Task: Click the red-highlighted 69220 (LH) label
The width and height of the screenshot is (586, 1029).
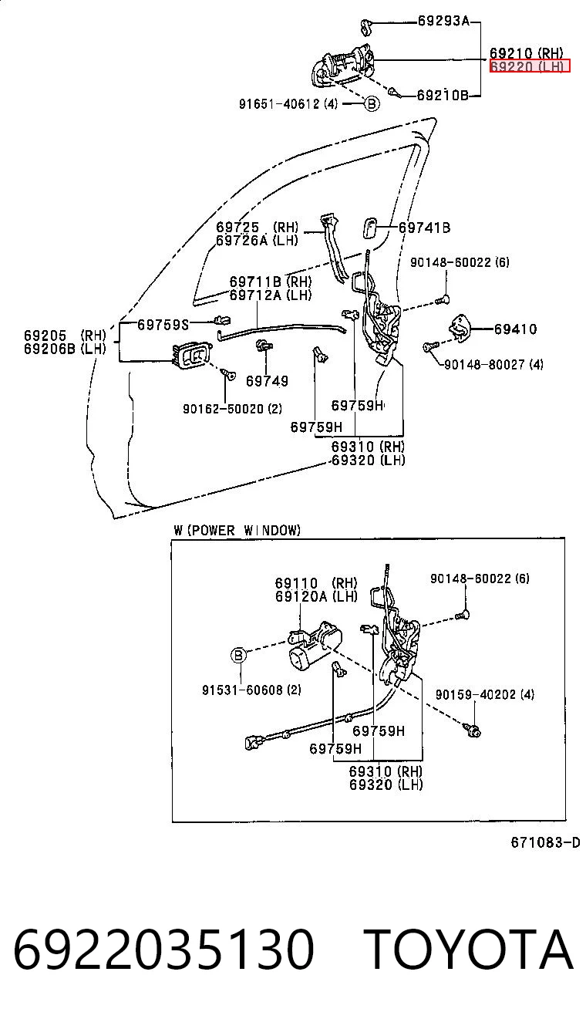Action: click(529, 66)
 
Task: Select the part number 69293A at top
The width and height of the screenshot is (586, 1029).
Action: click(443, 21)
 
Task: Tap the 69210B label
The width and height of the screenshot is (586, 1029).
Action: click(443, 95)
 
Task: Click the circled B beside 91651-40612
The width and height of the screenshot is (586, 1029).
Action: click(372, 104)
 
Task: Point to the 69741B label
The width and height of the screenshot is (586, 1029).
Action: click(424, 228)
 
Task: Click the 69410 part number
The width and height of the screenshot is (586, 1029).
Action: click(515, 329)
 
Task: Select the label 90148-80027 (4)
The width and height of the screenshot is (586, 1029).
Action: click(493, 365)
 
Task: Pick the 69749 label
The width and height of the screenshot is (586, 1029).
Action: click(267, 381)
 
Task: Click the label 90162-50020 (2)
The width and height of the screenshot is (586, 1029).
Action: click(232, 408)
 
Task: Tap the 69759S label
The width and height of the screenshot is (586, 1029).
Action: click(163, 325)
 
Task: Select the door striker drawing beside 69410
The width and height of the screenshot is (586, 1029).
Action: click(460, 329)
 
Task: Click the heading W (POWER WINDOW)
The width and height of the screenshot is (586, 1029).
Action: click(237, 531)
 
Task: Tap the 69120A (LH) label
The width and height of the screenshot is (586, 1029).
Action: click(316, 596)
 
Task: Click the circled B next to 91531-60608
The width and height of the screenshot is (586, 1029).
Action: click(238, 655)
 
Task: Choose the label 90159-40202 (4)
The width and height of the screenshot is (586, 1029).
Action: click(485, 694)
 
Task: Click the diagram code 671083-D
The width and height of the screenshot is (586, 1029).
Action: click(545, 842)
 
